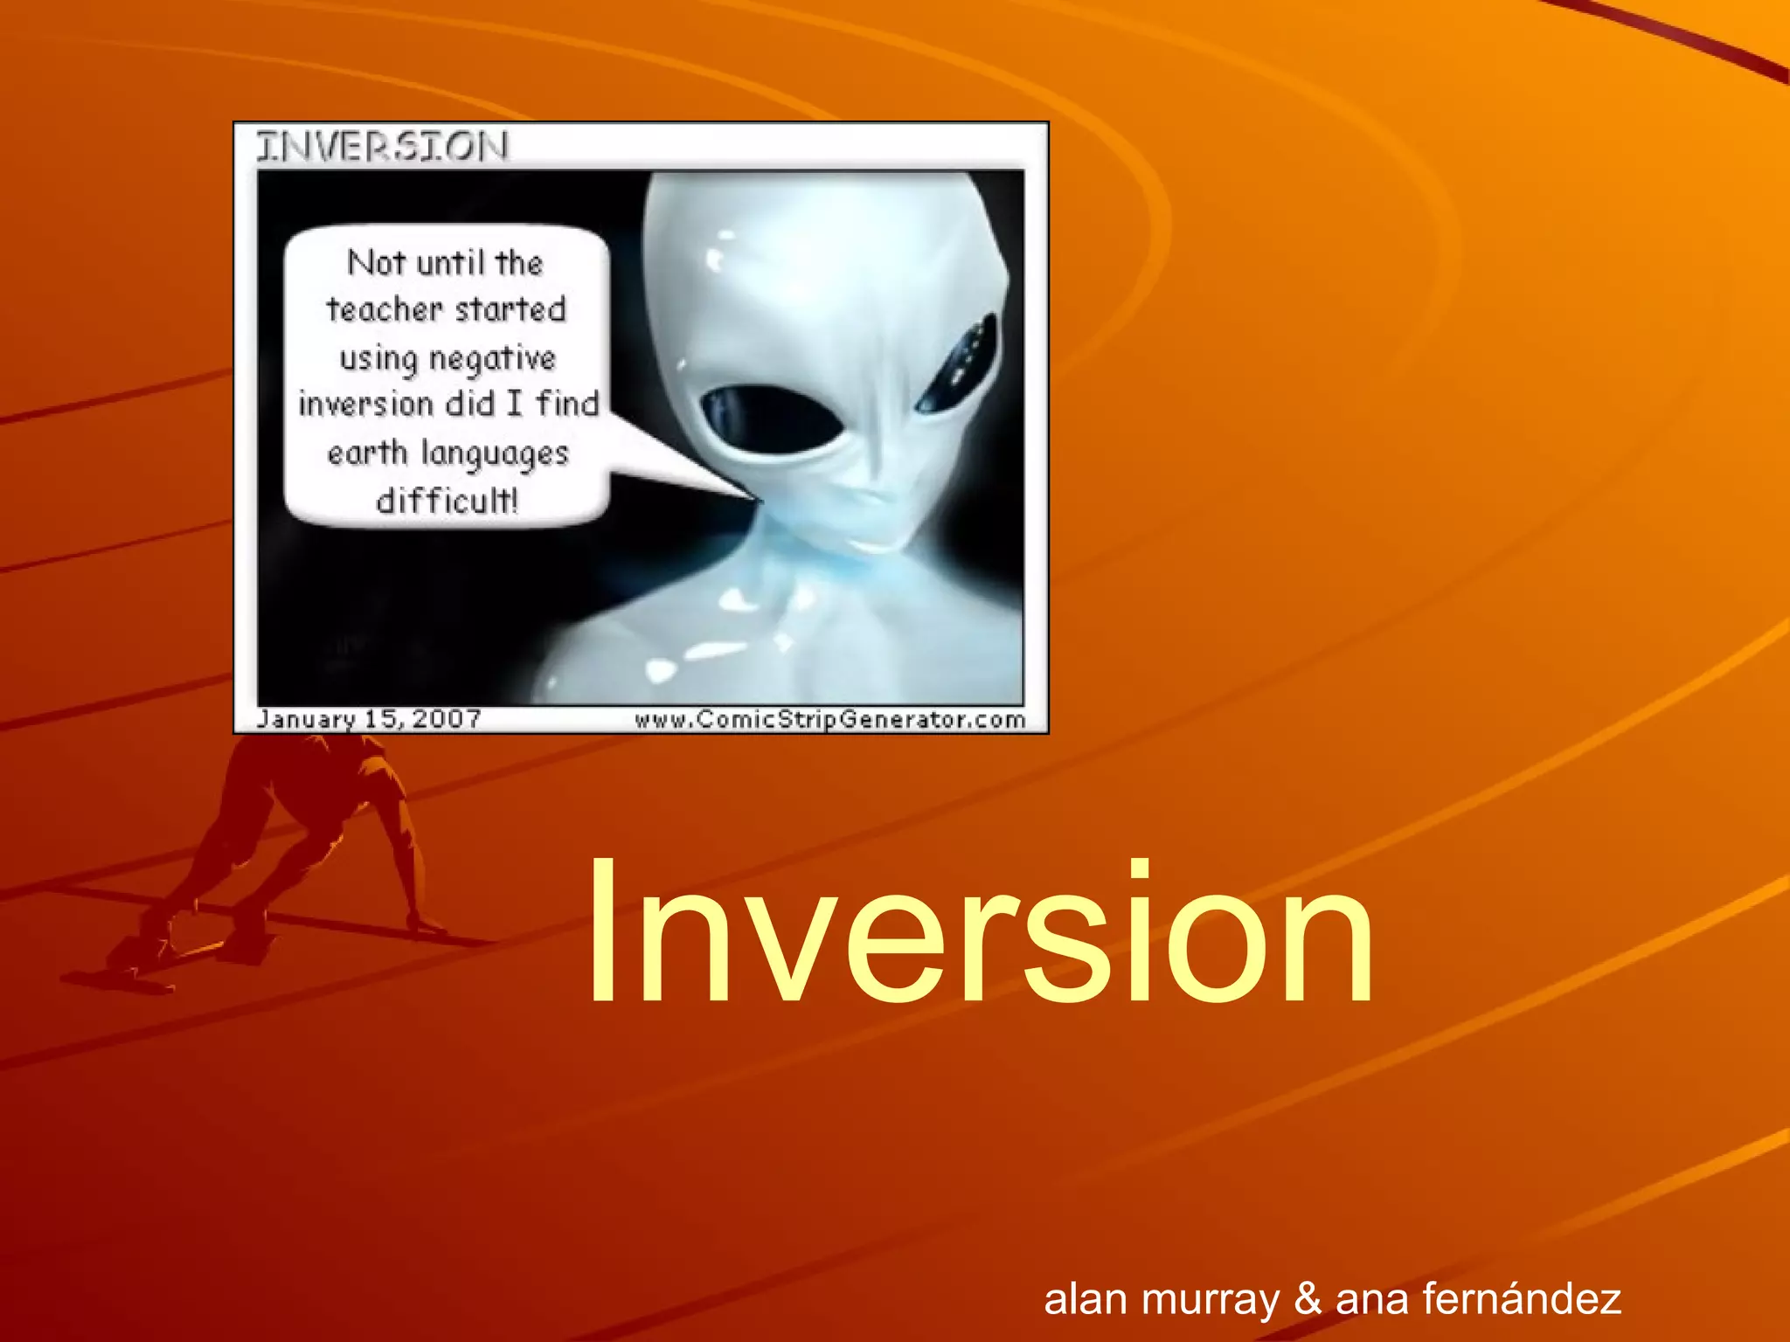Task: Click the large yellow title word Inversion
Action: [979, 933]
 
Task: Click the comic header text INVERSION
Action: [382, 147]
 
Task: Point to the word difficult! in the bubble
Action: [447, 501]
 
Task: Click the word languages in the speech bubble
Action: [495, 454]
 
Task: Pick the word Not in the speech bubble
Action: [376, 262]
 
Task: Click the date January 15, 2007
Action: [369, 719]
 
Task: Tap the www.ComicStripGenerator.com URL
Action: [829, 719]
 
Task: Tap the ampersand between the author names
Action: [1308, 1298]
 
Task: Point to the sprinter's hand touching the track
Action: [424, 926]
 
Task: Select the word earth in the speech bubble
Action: [367, 453]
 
